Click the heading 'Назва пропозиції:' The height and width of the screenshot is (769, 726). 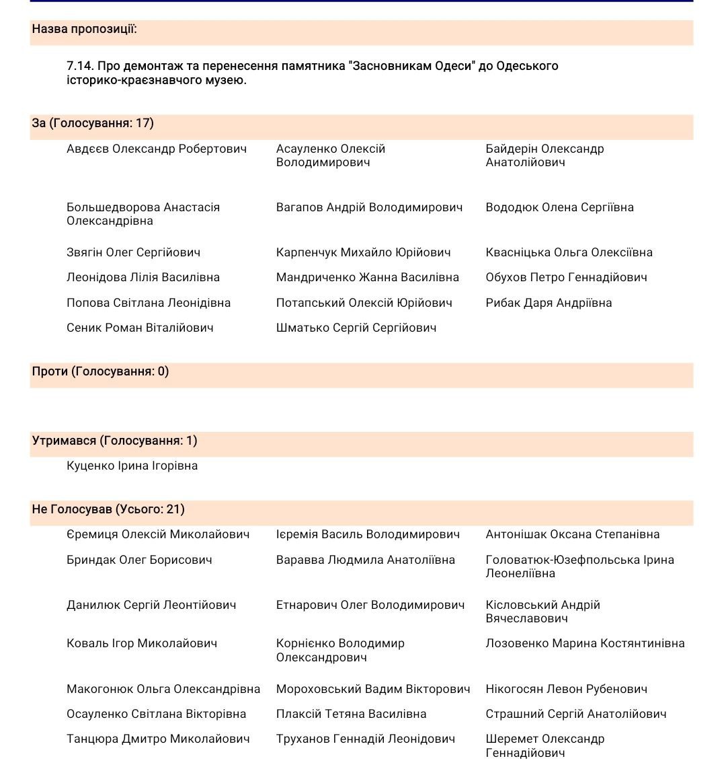pyautogui.click(x=84, y=29)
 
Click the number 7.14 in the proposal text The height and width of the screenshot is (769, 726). pyautogui.click(x=80, y=66)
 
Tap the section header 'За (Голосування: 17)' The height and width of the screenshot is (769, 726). pyautogui.click(x=93, y=123)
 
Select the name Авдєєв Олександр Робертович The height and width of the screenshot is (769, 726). pyautogui.click(x=157, y=149)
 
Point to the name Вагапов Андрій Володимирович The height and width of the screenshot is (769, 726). pyautogui.click(x=369, y=207)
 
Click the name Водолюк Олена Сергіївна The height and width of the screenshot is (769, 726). pyautogui.click(x=559, y=207)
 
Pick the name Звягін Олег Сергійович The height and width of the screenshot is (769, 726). pyautogui.click(x=133, y=252)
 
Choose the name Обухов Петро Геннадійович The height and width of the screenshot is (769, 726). pyautogui.click(x=566, y=277)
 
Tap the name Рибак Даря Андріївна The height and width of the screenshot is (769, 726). pyautogui.click(x=549, y=303)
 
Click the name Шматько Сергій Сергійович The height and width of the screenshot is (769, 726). pyautogui.click(x=356, y=328)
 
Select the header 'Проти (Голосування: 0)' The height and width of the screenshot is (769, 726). pyautogui.click(x=100, y=371)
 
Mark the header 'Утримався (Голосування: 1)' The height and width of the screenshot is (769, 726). pyautogui.click(x=114, y=441)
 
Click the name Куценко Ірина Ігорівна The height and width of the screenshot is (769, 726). pyautogui.click(x=132, y=466)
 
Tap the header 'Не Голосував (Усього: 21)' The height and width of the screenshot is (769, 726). pyautogui.click(x=108, y=509)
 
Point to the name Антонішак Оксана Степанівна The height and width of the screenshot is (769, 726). pyautogui.click(x=572, y=534)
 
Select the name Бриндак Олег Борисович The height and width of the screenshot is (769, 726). pyautogui.click(x=139, y=560)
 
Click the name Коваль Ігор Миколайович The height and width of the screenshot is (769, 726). pyautogui.click(x=142, y=643)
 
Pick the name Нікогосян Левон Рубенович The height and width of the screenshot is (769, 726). pyautogui.click(x=566, y=689)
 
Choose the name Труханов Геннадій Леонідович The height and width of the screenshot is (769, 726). pyautogui.click(x=365, y=739)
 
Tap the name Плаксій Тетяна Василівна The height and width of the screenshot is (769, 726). pyautogui.click(x=351, y=714)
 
